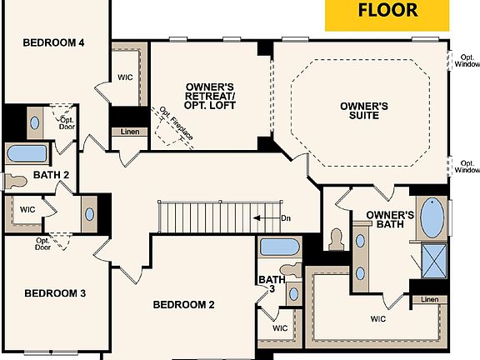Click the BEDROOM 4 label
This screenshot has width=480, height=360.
pos(53,42)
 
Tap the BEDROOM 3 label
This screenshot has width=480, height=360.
pos(55,293)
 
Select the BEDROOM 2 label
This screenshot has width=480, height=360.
pos(184,304)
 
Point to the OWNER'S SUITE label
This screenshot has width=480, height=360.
pos(365,111)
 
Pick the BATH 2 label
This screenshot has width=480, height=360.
pos(51,175)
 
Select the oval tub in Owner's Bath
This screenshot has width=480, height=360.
pos(432,218)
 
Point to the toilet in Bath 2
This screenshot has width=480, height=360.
pos(17,180)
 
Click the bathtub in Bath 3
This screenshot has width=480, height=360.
pos(279,247)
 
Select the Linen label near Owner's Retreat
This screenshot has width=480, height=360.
pos(129,132)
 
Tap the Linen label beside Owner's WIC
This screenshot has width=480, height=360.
pos(429,300)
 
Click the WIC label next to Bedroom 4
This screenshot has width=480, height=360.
pos(126,77)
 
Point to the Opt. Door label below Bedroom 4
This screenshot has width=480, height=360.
pos(67,124)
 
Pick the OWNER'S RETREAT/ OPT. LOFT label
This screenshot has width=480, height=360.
pos(210,96)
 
